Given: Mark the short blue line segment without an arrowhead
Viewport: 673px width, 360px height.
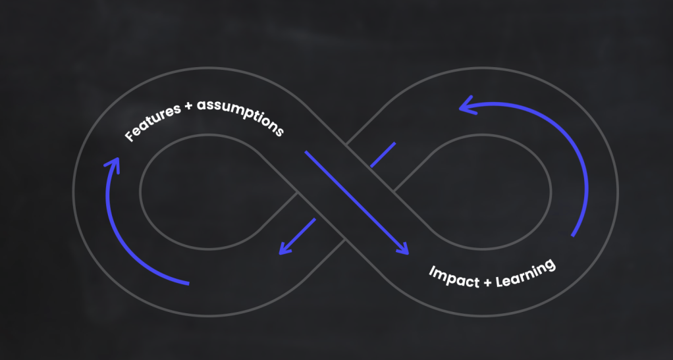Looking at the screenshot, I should click(383, 154).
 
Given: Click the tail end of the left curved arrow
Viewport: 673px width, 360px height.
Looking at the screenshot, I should click(188, 284).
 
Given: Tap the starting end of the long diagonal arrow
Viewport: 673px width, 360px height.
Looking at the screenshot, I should click(306, 153).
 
